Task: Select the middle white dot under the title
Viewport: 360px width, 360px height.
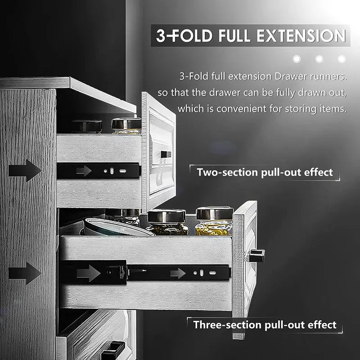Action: point(319,58)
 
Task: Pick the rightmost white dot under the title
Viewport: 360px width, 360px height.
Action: point(342,58)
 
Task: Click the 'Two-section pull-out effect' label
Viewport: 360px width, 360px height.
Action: point(265,172)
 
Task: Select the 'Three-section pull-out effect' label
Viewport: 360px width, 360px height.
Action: point(265,324)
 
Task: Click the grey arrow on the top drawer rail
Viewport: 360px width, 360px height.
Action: point(83,171)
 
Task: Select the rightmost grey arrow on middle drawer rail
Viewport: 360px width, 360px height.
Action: point(178,273)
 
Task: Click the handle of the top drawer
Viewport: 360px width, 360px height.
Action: point(166,154)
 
